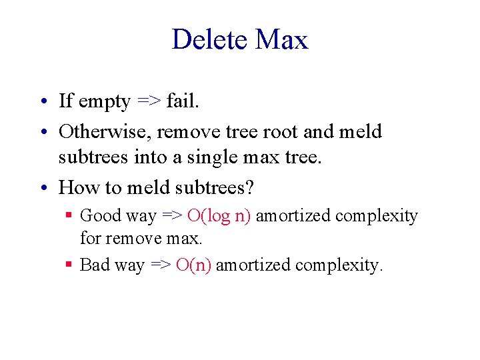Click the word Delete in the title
(209, 40)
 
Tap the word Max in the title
(282, 40)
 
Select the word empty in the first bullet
(104, 102)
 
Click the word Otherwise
(105, 131)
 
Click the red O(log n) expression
(219, 215)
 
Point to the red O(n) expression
(193, 265)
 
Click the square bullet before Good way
(69, 215)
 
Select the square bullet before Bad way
(69, 265)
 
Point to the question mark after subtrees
(249, 187)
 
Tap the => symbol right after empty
(148, 101)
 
